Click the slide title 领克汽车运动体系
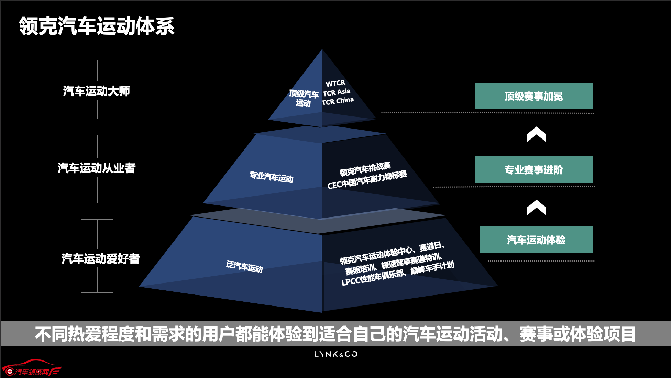click(x=97, y=26)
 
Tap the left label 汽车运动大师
click(x=97, y=91)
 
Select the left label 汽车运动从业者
click(x=97, y=168)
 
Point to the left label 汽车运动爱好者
click(x=101, y=259)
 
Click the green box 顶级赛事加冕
click(x=534, y=96)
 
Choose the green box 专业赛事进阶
click(x=534, y=169)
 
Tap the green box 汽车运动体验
click(x=537, y=240)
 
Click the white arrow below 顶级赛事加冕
click(x=537, y=134)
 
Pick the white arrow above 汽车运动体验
click(x=537, y=208)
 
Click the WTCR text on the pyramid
click(x=335, y=84)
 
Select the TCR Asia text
click(x=337, y=92)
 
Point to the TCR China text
click(x=338, y=101)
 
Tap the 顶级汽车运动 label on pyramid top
click(x=304, y=98)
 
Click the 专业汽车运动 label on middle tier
click(x=271, y=177)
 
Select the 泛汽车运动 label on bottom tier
click(x=244, y=267)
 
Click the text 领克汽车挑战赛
click(x=365, y=169)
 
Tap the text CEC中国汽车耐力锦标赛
click(x=367, y=180)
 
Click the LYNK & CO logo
click(x=336, y=354)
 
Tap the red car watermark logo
click(x=32, y=368)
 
